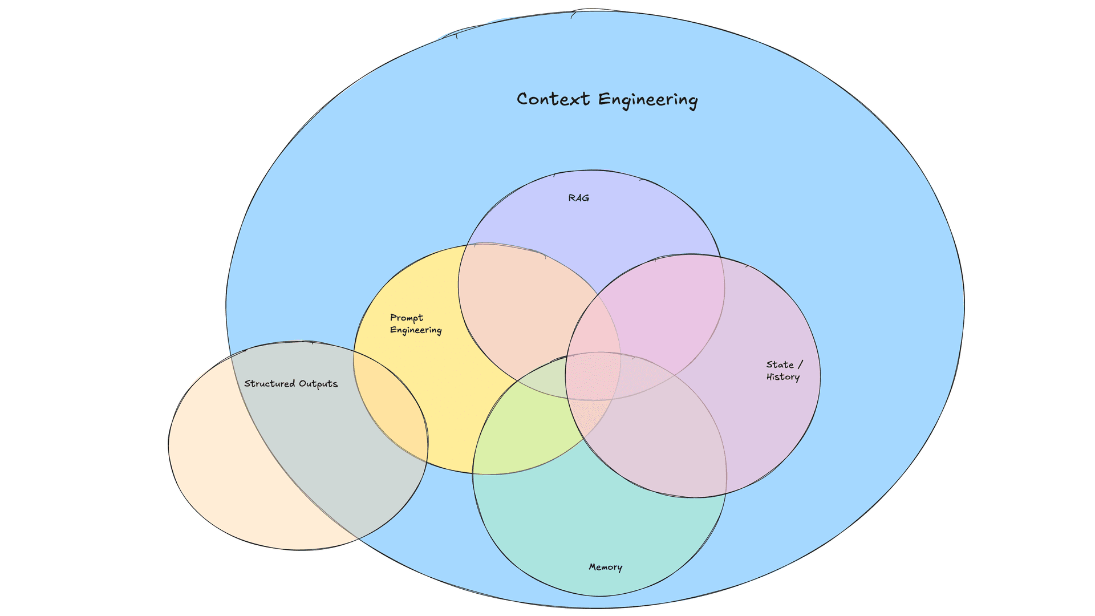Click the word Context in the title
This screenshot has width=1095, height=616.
tap(553, 99)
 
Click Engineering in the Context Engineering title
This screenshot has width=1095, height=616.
tap(648, 100)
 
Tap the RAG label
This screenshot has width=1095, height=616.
tap(578, 198)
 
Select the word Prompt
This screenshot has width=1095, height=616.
tap(407, 318)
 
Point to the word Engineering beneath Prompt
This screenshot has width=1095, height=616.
tap(416, 330)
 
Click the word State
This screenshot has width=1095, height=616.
tap(780, 364)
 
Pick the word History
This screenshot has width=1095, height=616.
tap(783, 377)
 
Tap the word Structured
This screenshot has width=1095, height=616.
tap(270, 383)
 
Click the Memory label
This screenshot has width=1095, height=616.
tap(605, 567)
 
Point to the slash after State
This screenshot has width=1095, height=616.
tap(800, 364)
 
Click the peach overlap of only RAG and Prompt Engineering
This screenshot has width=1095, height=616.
tap(525, 308)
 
